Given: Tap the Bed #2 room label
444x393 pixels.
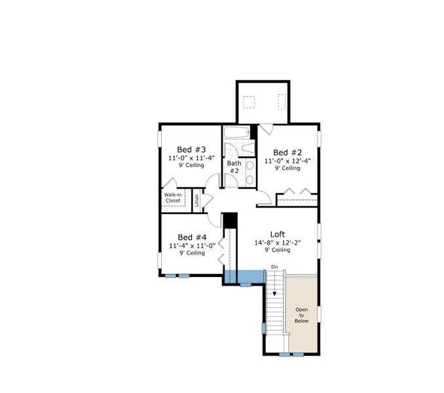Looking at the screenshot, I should (x=287, y=151).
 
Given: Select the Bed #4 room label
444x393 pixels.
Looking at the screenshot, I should (x=193, y=237).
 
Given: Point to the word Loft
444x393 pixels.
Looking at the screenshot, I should (x=278, y=233).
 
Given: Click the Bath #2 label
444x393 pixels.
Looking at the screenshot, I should (x=234, y=167).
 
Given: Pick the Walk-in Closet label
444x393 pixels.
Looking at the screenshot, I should (x=173, y=197).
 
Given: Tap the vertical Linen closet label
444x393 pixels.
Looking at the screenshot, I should (x=197, y=200).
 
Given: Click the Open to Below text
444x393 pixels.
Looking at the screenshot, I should (x=301, y=316).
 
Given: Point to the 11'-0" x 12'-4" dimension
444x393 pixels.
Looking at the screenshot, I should (x=287, y=160).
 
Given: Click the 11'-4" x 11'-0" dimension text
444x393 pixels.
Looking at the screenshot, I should (x=192, y=246).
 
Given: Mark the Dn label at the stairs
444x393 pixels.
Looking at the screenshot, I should (x=274, y=267).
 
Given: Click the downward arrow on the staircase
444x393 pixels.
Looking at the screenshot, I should (x=274, y=293).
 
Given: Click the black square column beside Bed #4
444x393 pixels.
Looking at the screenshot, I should (x=229, y=220).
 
